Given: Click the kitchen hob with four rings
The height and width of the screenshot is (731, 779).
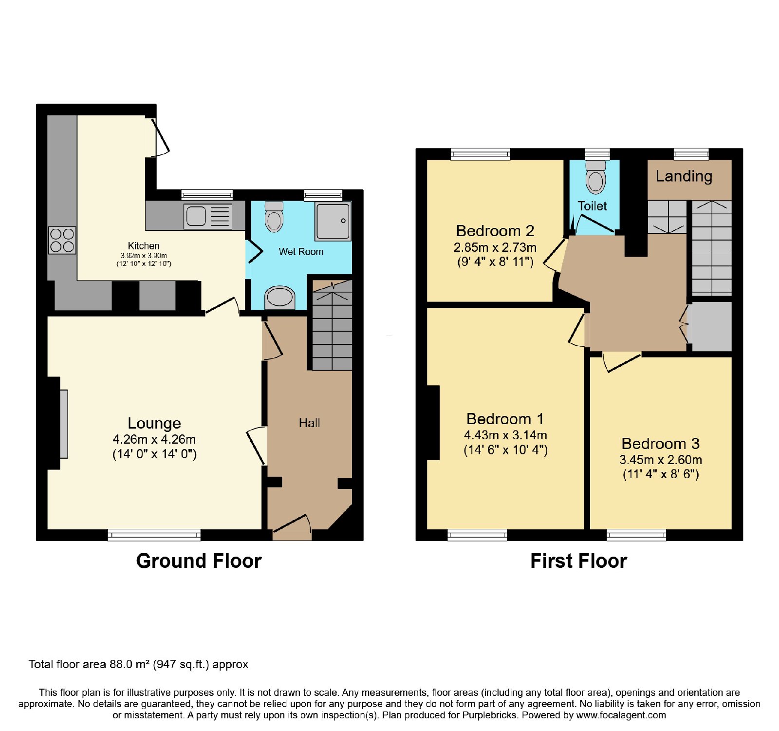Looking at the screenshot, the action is (62, 240).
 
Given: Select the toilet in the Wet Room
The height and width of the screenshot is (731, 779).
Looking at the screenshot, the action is (274, 217).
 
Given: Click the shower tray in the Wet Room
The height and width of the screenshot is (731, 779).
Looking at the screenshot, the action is (333, 221).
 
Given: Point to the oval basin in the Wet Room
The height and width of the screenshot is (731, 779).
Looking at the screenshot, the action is (280, 297).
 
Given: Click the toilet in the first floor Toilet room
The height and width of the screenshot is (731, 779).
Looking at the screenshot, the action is (596, 177).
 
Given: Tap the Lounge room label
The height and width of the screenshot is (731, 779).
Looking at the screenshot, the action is (154, 423).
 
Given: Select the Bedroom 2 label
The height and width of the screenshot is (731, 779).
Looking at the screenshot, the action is (495, 230).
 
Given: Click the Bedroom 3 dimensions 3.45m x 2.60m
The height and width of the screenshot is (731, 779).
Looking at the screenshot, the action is (661, 459).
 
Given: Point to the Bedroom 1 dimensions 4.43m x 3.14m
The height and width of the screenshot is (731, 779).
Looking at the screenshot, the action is (505, 435).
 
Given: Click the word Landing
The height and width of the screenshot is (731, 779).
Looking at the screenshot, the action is (684, 176).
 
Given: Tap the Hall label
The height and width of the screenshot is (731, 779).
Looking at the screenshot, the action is (310, 423).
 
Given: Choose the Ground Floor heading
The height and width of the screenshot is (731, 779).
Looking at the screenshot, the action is (199, 561).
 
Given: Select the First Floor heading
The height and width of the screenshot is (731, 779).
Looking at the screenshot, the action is (578, 561).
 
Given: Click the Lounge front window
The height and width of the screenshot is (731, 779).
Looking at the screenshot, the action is (154, 535).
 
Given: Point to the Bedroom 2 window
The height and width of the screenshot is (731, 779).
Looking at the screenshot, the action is (481, 154).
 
